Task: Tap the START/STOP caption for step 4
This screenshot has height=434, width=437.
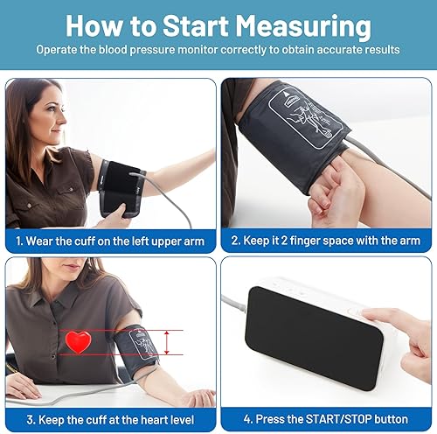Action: click(x=328, y=418)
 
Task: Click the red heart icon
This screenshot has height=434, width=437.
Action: click(x=80, y=342)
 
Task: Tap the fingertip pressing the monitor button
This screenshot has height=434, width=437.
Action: click(x=367, y=316)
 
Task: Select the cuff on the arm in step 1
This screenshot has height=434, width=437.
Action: click(x=121, y=187)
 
